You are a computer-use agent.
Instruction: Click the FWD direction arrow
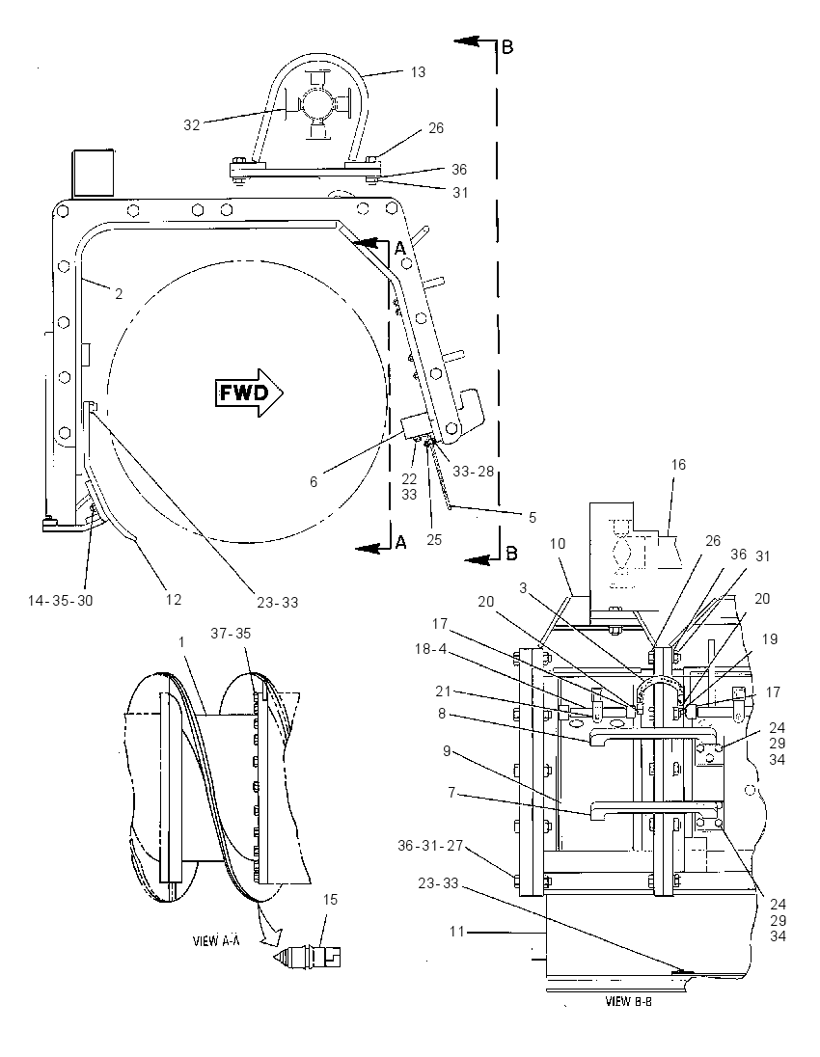249,393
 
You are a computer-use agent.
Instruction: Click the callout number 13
418,72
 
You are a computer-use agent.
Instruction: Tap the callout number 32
192,124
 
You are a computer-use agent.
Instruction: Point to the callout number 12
174,599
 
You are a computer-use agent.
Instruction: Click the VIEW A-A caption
216,941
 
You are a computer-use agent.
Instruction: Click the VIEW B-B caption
628,1001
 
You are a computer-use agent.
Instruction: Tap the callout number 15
330,899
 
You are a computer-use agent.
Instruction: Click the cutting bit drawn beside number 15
308,957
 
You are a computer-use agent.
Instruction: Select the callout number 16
678,465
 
